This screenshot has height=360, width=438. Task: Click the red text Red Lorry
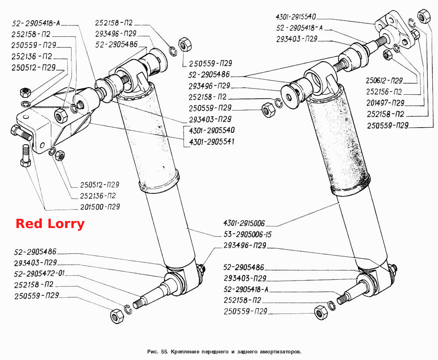[x=50, y=224]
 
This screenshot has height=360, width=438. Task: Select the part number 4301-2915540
[x=296, y=17]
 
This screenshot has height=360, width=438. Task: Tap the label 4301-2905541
[x=212, y=142]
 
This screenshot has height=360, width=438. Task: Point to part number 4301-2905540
[x=212, y=130]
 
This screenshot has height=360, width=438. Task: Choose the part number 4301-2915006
[x=244, y=223]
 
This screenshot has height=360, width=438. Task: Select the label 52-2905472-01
[x=39, y=273]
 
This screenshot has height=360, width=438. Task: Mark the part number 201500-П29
[x=100, y=207]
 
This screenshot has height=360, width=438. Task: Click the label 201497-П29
[x=385, y=103]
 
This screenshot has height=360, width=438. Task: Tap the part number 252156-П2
[x=384, y=92]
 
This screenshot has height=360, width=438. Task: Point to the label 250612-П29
[x=384, y=81]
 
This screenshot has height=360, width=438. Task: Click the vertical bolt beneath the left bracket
[x=25, y=155]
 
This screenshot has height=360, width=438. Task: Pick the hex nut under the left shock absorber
[x=117, y=316]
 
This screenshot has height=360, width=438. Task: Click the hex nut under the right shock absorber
[x=321, y=312]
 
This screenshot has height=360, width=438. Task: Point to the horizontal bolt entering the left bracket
[x=21, y=133]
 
